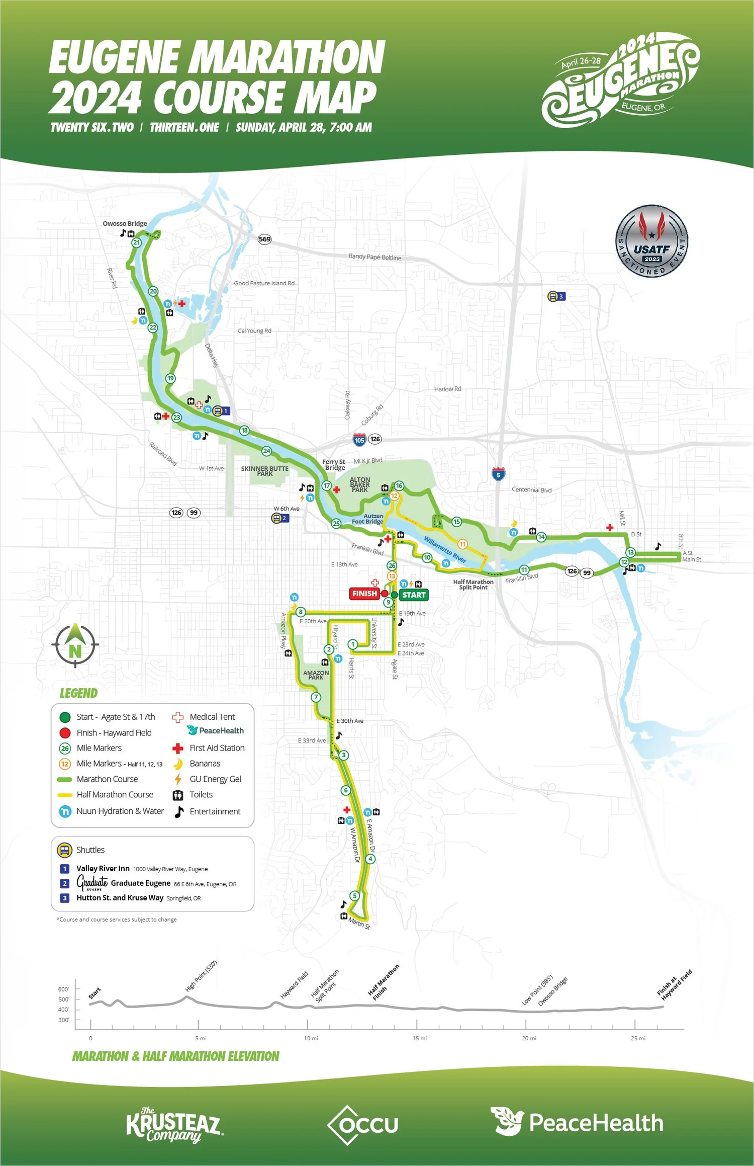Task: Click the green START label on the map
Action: pos(414,595)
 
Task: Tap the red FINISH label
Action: pos(364,594)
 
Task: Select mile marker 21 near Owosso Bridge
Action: pos(136,242)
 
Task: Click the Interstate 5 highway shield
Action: pos(498,474)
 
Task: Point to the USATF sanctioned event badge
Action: pos(651,241)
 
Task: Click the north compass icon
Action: pos(75,645)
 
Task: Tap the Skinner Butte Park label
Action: pos(264,471)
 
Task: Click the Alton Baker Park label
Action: pos(360,485)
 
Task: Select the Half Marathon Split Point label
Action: pos(473,585)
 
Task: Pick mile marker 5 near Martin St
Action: pos(355,895)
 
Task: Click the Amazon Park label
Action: pos(316,675)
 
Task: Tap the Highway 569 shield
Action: pos(264,239)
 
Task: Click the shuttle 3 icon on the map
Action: pos(556,296)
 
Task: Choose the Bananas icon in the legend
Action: pos(178,764)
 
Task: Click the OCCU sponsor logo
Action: pos(363,1125)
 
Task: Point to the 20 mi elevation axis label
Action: pos(529,1038)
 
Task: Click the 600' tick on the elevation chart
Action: pos(63,989)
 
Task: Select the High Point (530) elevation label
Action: pos(201,976)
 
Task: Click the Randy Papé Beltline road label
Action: pos(375,257)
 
